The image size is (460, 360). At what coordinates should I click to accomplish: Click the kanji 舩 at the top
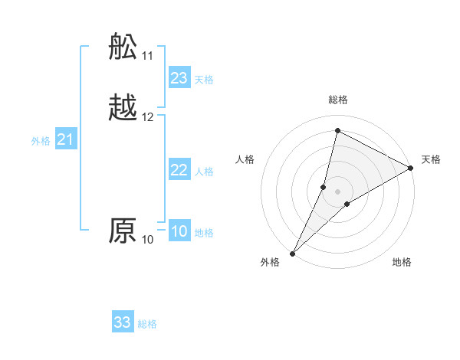[123, 47]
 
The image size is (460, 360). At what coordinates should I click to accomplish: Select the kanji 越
[123, 108]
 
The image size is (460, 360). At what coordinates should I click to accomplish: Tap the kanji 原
[123, 231]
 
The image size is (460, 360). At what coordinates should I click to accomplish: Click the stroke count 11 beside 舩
[148, 56]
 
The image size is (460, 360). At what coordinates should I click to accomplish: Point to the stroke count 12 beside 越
[148, 117]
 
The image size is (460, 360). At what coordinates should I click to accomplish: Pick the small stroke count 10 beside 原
[148, 240]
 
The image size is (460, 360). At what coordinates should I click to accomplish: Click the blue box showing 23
[179, 78]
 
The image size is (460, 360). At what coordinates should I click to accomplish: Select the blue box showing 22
[179, 170]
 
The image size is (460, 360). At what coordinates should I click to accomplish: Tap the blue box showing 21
[66, 139]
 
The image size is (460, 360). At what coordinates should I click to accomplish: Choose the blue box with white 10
[179, 231]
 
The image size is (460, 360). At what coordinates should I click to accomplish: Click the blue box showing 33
[123, 322]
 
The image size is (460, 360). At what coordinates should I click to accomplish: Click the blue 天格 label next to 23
[204, 80]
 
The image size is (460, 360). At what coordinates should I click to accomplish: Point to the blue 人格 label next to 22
[204, 172]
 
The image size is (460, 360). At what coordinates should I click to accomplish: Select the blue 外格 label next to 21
[41, 141]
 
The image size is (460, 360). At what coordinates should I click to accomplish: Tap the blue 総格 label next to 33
[147, 324]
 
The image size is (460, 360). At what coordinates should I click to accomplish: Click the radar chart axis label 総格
[338, 100]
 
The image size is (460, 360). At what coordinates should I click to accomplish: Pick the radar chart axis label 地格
[402, 262]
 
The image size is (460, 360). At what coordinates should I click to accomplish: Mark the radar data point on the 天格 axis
[411, 168]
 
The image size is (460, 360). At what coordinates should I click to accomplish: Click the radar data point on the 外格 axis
[292, 254]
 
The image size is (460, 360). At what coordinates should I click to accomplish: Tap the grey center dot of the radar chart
[338, 191]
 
